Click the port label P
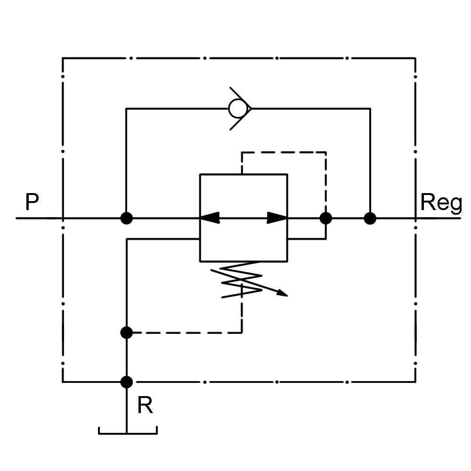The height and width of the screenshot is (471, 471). coord(32,203)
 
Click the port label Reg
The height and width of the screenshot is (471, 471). coord(441,203)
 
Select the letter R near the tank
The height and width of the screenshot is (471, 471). coord(145,406)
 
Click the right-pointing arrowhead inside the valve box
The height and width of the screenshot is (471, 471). coord(277,218)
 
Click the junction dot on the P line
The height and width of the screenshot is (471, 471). coord(127,219)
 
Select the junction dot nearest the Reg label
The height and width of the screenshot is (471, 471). coord(370,219)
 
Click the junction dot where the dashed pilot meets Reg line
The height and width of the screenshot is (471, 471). coord(325,219)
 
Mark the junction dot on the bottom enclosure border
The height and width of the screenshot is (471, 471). coord(127,382)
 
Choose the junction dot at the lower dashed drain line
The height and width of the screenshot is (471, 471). coord(127,333)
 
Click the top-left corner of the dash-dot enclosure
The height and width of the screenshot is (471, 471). coord(63,58)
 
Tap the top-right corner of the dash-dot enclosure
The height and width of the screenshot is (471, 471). coord(415,58)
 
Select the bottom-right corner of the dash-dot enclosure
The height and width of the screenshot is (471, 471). coord(415,382)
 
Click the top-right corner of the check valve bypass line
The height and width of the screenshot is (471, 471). coord(370,109)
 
